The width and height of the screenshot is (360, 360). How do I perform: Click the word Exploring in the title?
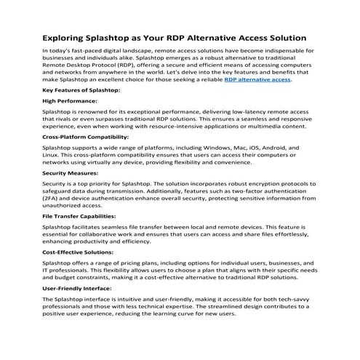point(68,36)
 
